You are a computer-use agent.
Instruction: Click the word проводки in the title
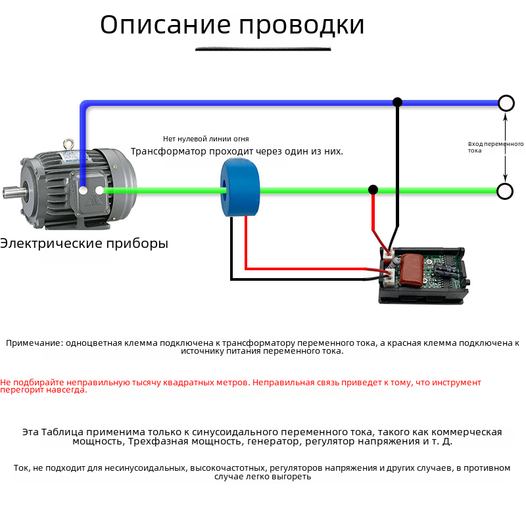(301, 25)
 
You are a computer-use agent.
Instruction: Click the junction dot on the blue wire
(397, 103)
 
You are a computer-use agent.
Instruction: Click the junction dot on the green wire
(373, 190)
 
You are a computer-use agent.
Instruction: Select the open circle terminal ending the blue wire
(506, 103)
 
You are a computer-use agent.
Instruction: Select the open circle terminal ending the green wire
(504, 191)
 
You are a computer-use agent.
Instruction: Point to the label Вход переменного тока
(494, 147)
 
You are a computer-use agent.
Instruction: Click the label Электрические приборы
(84, 243)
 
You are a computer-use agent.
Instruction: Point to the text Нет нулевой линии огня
(206, 139)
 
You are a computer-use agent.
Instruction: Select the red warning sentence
(240, 385)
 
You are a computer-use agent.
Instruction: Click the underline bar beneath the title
(263, 48)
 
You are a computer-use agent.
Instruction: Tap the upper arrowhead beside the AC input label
(505, 118)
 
